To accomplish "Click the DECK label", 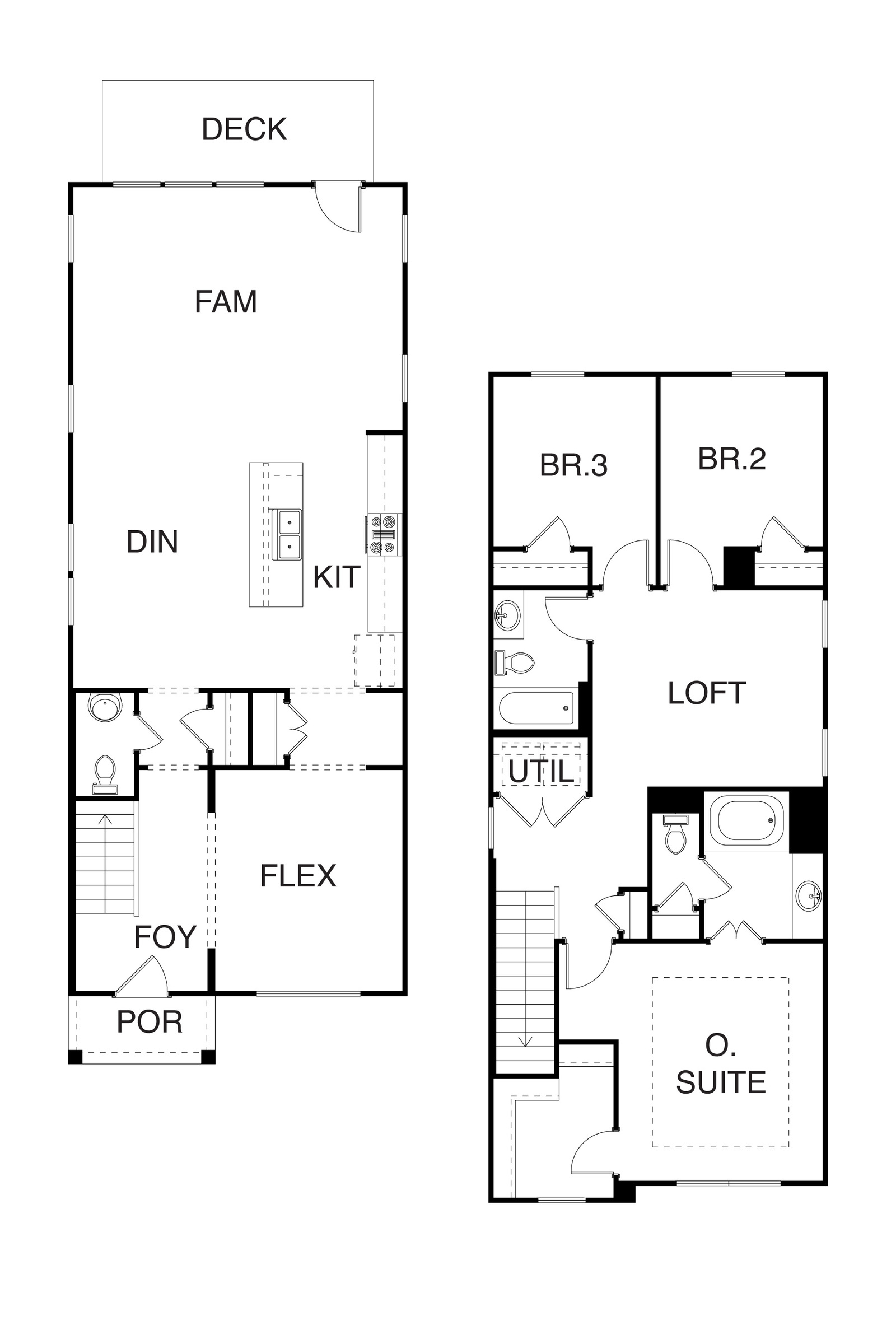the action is coord(244,129).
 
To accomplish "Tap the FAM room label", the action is coord(226,302).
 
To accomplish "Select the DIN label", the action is coord(152,542).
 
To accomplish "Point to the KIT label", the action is coord(337,577).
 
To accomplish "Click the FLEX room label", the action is coord(298,876).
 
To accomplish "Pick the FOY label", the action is coord(165,937).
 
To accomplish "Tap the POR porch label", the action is coord(149,1023).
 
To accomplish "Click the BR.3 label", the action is coord(573,465).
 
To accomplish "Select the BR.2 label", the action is coord(731,459).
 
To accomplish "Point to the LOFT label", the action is coord(707,693).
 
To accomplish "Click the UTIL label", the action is coord(540,772).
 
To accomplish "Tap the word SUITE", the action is coord(721,1083).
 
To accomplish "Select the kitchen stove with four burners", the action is coord(383,535).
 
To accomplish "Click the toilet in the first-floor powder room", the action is coord(105,775).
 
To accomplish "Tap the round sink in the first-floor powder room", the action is coord(105,707).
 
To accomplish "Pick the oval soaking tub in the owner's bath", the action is coord(746,821).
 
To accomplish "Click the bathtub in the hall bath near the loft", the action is coord(536,708).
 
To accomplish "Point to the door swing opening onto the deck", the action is coord(338,207).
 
